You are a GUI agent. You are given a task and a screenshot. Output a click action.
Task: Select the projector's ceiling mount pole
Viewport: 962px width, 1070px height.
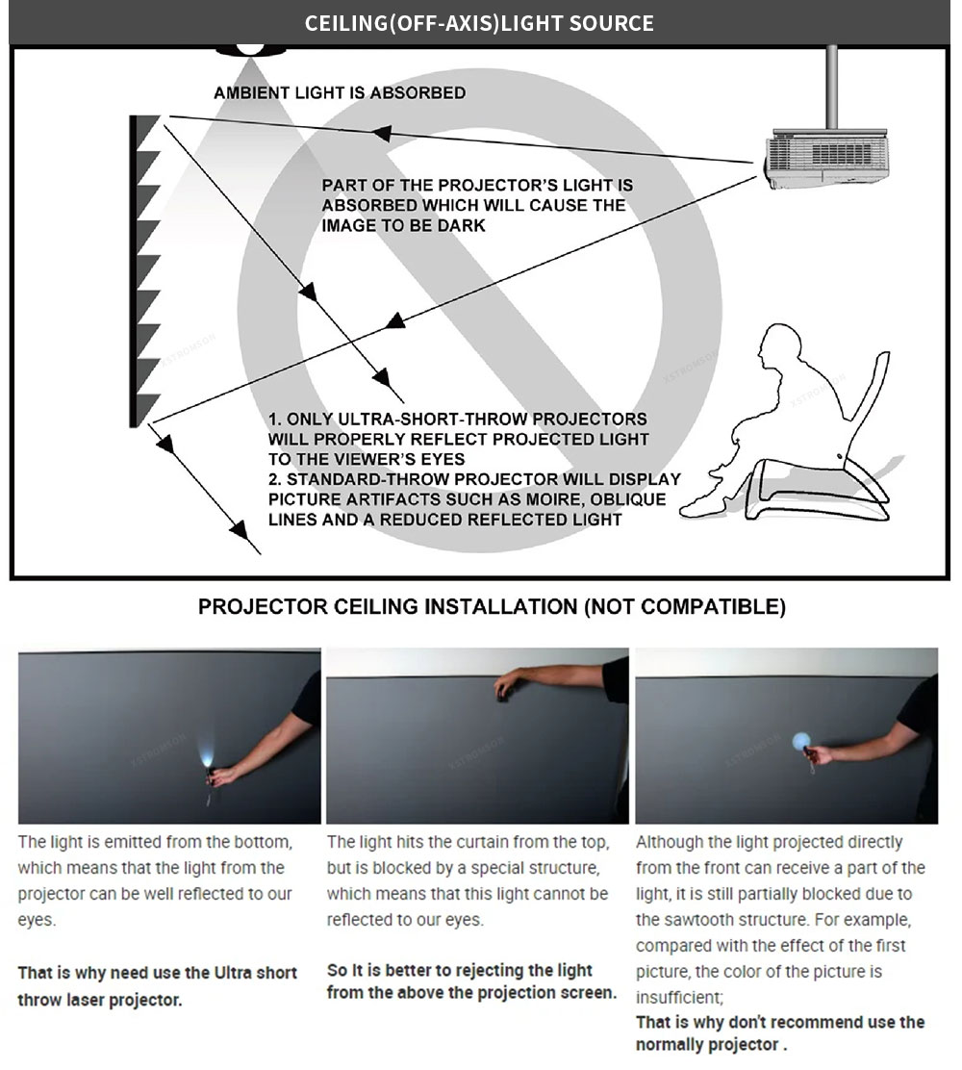(832, 87)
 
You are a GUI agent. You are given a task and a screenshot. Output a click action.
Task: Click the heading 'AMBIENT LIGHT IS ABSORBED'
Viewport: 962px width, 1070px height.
(340, 93)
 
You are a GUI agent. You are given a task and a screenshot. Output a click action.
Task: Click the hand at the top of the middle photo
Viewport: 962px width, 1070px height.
(506, 685)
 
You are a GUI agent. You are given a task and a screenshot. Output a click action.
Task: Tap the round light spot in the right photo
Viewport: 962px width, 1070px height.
(802, 741)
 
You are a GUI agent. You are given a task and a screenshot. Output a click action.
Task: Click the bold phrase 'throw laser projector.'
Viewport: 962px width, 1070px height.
(99, 1000)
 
